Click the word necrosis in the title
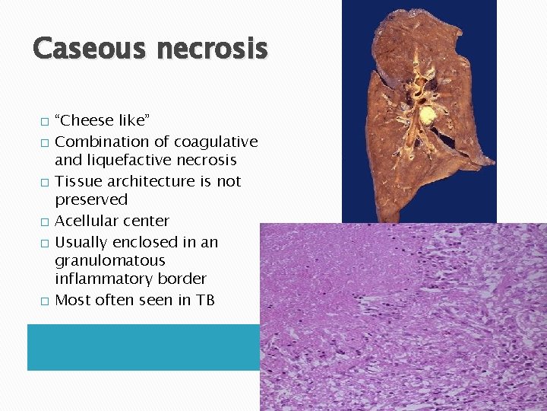tap(212, 49)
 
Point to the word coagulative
tap(216, 142)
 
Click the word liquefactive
tap(133, 160)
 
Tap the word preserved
tap(90, 199)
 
